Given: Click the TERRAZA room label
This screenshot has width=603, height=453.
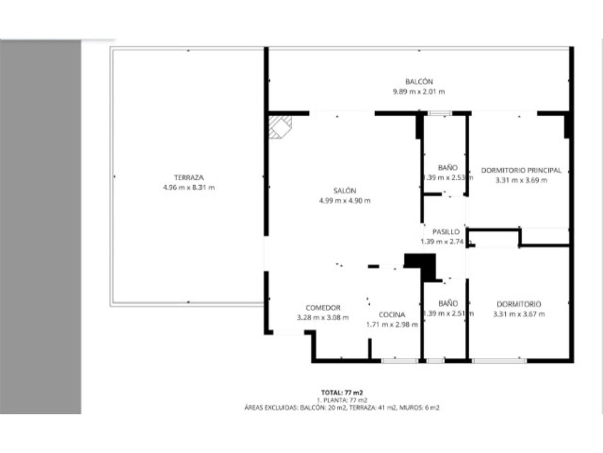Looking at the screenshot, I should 188,178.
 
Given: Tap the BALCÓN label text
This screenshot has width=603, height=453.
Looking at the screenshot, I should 419,81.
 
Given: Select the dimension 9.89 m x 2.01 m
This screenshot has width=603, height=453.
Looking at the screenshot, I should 419,92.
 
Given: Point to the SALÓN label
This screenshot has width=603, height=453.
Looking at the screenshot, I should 344,191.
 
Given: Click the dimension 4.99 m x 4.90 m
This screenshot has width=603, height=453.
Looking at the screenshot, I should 344,201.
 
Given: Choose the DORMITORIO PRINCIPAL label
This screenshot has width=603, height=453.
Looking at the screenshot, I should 521,170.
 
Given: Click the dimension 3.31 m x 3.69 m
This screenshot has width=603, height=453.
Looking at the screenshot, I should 521,180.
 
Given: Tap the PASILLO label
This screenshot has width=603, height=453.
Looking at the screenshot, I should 446,232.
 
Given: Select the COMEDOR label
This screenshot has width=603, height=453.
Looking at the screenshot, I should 323,308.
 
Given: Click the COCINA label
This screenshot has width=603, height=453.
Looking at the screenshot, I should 392,315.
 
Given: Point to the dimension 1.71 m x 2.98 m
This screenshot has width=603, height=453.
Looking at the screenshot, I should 392,325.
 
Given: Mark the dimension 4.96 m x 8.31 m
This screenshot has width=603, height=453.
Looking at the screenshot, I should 188,188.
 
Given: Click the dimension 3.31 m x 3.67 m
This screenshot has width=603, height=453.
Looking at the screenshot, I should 519,314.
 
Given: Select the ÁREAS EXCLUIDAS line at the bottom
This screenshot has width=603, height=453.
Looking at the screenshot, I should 341,408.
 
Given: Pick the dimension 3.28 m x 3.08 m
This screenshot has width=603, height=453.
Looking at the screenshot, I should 323,318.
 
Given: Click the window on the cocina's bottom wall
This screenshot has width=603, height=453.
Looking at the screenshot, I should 399,361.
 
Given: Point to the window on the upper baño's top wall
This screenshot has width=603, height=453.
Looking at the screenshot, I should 440,114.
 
